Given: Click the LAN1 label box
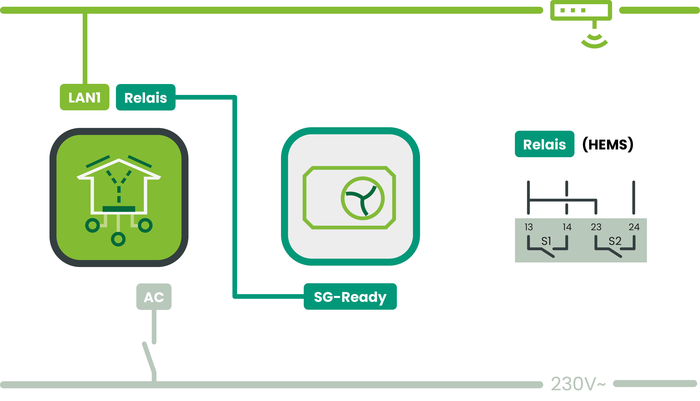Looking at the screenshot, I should coord(85,97).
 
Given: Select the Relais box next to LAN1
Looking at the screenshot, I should coord(146,97).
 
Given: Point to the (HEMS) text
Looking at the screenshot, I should coord(608,144).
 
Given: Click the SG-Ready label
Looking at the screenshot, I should coord(350,297).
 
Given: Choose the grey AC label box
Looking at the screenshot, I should coord(154,297).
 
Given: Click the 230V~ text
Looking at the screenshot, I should coord(578,384).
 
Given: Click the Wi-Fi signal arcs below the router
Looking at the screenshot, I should coord(594,41).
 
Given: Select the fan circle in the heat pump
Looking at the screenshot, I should coord(363,198).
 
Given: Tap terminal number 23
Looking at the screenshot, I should coord(596,227).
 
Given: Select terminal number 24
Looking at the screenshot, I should coord(634,227).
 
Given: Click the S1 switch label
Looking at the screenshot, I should coord(546,241).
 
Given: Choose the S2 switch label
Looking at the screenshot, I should coord(615,241).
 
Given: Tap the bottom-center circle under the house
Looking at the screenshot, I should coord(118,239).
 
